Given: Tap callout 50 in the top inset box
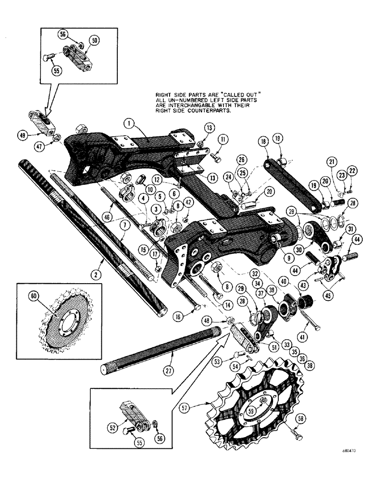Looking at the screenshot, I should (94, 41).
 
